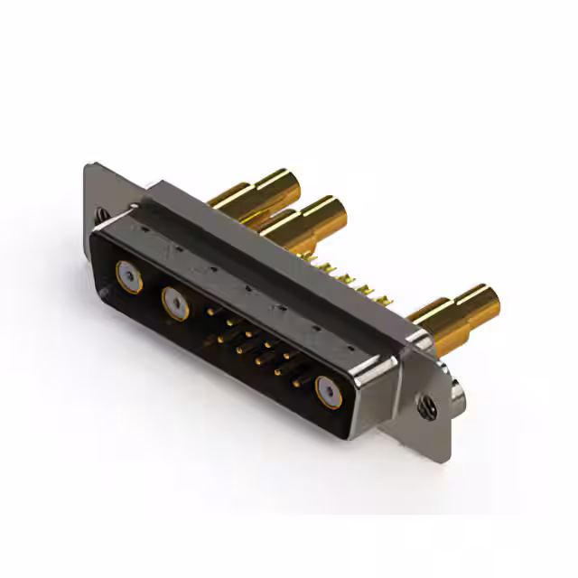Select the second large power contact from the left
[x=175, y=303]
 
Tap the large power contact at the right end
[x=328, y=395]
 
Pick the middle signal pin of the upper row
[x=250, y=333]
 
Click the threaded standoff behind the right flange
[x=459, y=390]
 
